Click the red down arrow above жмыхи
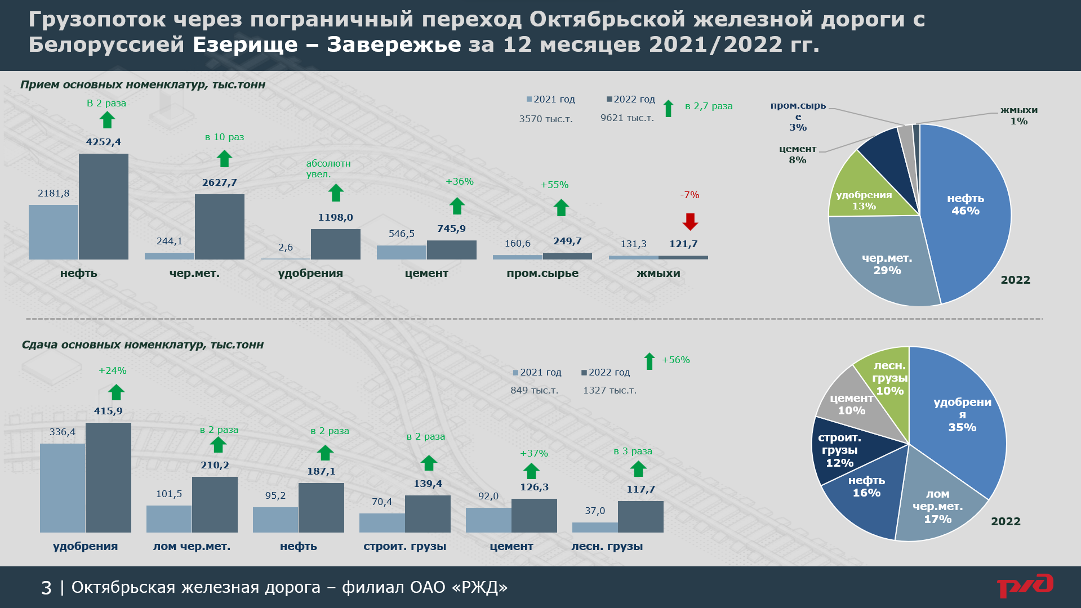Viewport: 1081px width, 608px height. click(690, 221)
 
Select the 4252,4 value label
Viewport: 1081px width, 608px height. click(104, 142)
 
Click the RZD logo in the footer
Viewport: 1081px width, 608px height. click(1025, 587)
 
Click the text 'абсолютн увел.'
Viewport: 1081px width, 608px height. click(328, 168)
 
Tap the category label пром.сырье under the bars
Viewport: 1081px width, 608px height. click(542, 273)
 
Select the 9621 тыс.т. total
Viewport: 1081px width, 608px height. click(627, 118)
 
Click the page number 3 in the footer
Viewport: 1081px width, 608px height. click(46, 588)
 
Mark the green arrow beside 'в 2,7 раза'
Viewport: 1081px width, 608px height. click(669, 108)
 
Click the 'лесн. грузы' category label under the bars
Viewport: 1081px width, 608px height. click(607, 546)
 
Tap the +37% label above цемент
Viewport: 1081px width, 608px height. click(533, 453)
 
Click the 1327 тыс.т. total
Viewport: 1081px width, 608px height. click(610, 390)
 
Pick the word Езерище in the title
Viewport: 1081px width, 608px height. click(245, 44)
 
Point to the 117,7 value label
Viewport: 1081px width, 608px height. click(640, 489)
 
